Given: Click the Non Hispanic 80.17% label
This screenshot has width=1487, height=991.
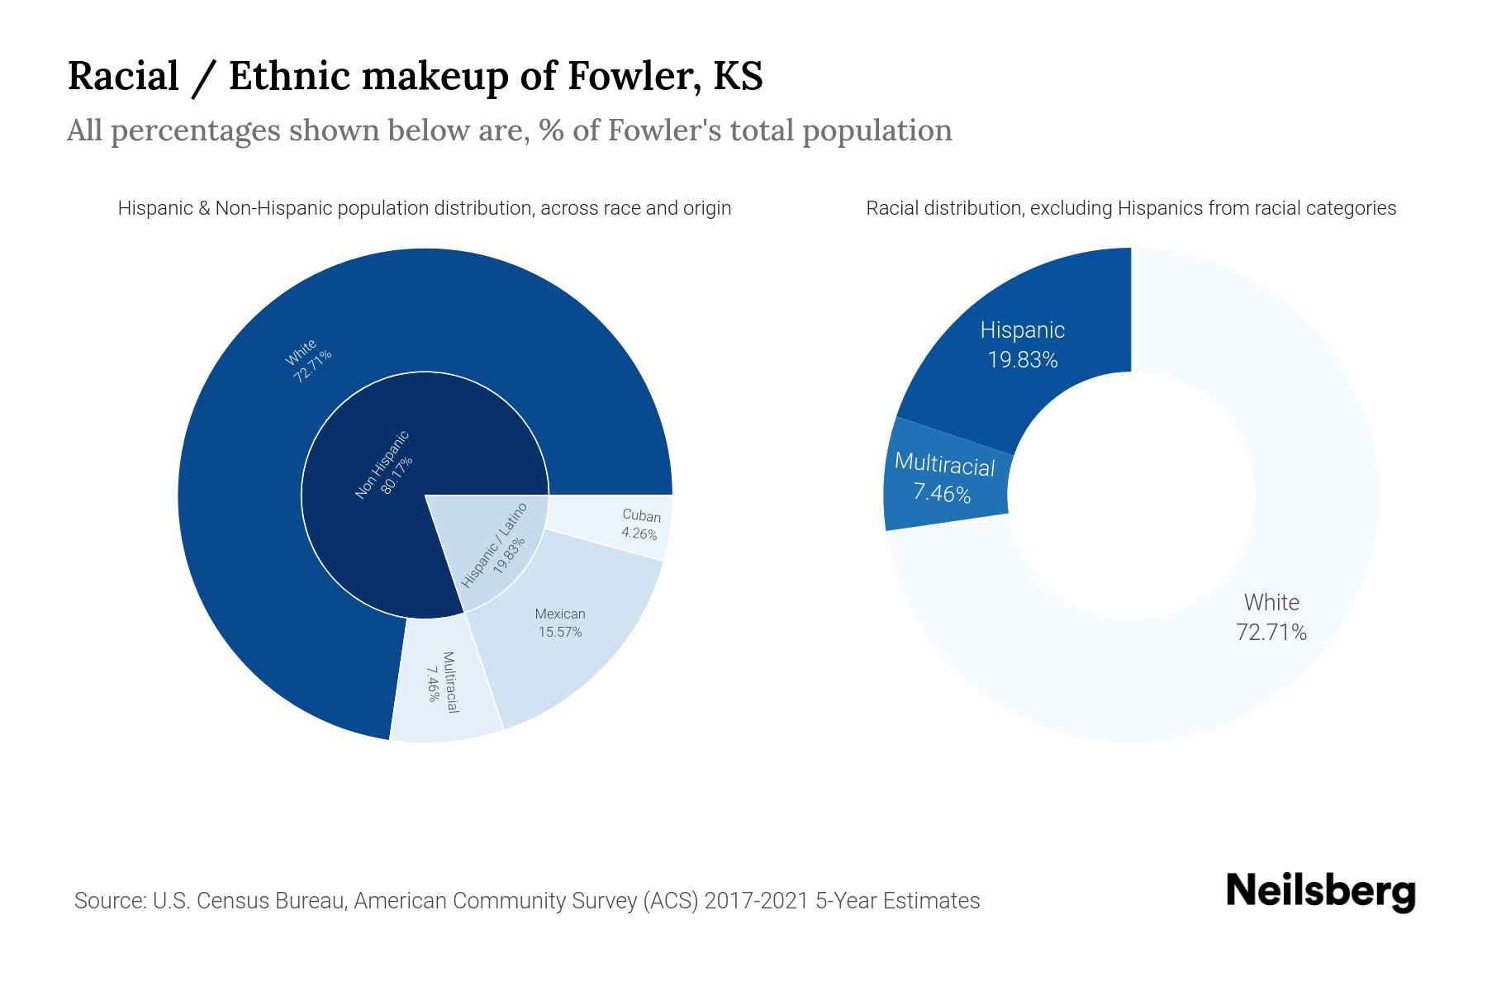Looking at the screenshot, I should [x=383, y=466].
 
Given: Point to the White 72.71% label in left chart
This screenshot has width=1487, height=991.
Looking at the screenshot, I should [x=307, y=360].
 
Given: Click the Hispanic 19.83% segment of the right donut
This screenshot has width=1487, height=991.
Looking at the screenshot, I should [x=1022, y=344].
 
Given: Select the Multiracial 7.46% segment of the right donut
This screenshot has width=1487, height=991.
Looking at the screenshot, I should [x=943, y=479].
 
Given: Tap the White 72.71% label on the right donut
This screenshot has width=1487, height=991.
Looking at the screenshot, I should [x=1271, y=617].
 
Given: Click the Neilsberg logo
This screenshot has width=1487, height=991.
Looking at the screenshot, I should [x=1320, y=892].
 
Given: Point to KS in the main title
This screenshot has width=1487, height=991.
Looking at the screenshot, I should [x=738, y=76].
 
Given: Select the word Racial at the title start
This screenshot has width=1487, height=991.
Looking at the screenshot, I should [x=123, y=76].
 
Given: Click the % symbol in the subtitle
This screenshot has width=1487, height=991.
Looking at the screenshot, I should [x=551, y=130].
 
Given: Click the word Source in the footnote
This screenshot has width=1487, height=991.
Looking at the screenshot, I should [x=107, y=900].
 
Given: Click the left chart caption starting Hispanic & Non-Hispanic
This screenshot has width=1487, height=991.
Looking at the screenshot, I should [x=424, y=208].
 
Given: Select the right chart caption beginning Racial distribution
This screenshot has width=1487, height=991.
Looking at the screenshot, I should [x=1130, y=208].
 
